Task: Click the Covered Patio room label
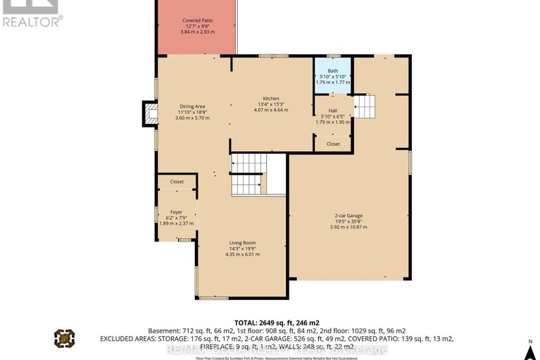196,21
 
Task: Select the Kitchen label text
271,99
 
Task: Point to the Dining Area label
192,106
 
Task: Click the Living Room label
242,242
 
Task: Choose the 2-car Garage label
349,216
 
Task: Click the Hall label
333,111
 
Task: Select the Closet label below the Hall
333,144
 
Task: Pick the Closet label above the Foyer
177,182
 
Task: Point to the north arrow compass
527,347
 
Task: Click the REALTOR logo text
31,21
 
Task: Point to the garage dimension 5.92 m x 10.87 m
349,227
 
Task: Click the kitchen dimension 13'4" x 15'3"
271,104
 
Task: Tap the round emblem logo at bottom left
65,339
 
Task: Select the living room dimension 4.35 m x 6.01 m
242,254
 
